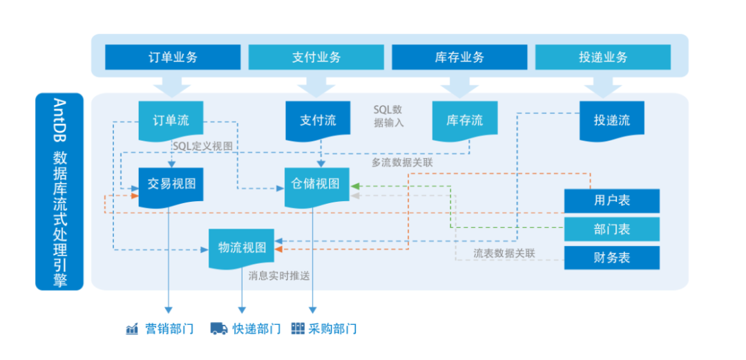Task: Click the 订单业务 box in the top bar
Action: (173, 57)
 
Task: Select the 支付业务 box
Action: (316, 57)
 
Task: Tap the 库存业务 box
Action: (459, 57)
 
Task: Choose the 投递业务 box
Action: (603, 57)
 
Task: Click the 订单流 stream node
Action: (171, 120)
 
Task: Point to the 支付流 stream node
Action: (318, 120)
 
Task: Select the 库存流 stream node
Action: (464, 120)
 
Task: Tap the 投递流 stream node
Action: (612, 120)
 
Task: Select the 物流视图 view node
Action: (242, 248)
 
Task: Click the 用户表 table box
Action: (612, 201)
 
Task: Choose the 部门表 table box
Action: (612, 229)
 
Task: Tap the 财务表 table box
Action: (612, 258)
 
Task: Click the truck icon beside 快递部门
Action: (219, 329)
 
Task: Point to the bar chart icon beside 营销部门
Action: (132, 329)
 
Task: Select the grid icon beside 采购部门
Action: (298, 329)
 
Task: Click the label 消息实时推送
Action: (279, 276)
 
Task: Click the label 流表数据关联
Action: (504, 254)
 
